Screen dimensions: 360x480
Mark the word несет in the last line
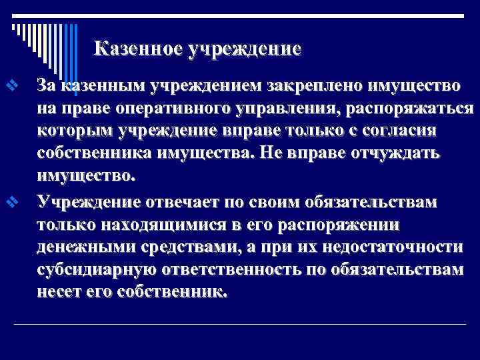(59, 292)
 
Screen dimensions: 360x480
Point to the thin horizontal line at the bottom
(240, 325)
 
